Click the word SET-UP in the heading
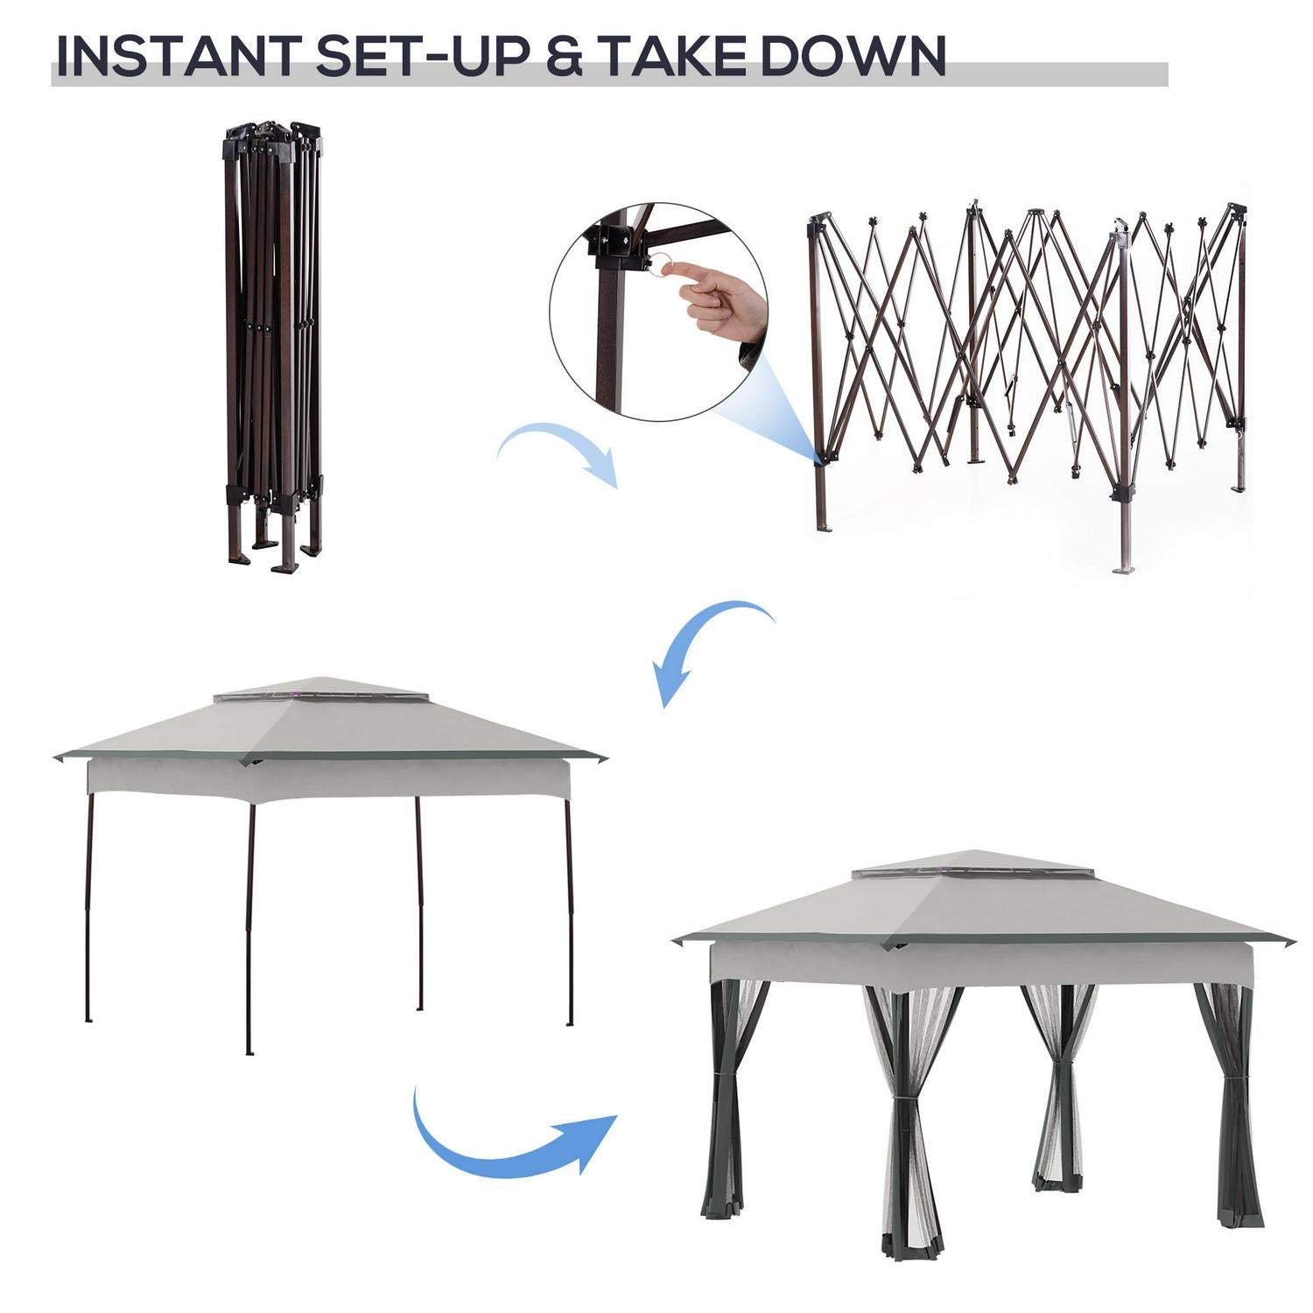click(x=423, y=56)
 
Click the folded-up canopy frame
click(x=273, y=346)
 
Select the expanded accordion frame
click(x=1028, y=385)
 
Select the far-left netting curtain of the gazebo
click(x=731, y=1099)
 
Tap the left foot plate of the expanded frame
click(x=824, y=528)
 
